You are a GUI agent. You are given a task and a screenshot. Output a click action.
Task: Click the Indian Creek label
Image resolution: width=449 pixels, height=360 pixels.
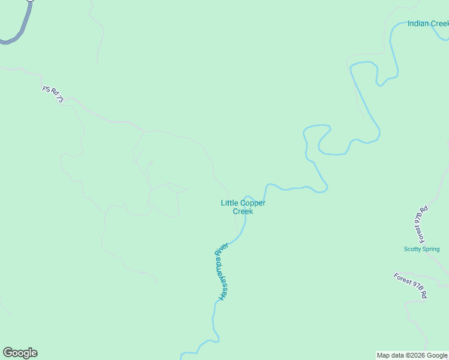click(427, 24)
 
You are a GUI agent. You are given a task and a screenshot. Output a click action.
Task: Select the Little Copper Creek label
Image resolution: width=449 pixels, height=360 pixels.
click(243, 207)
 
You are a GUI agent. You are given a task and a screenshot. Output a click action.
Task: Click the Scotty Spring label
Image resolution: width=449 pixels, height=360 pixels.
click(421, 249)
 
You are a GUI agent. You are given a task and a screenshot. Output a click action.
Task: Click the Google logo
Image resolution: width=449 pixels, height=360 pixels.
click(20, 353)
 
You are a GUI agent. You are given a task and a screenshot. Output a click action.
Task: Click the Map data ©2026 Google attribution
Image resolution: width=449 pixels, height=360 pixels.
click(412, 355)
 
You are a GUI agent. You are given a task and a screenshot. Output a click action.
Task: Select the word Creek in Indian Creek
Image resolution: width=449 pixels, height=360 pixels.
click(439, 24)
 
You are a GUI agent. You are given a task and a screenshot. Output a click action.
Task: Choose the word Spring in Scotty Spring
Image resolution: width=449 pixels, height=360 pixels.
click(430, 249)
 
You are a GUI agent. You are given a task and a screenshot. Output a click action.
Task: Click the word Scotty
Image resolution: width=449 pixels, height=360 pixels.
click(412, 249)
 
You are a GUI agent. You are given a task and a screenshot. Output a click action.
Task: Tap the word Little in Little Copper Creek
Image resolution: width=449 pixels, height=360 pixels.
click(229, 203)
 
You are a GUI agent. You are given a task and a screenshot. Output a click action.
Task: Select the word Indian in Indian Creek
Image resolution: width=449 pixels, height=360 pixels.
click(418, 24)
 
